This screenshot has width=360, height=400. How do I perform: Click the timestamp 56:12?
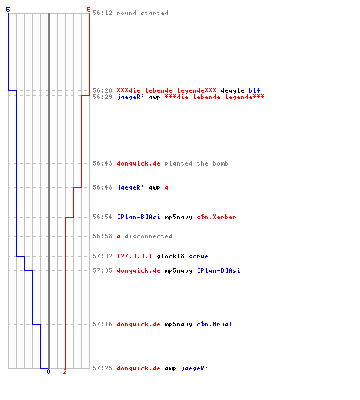102,13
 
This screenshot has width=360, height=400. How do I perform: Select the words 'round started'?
142,13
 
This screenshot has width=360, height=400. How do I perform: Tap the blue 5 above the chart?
8,10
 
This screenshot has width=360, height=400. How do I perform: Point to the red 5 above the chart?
89,10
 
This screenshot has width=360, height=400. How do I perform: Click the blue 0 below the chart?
48,371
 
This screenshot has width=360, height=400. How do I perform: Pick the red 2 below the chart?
65,371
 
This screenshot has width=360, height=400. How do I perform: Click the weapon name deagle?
232,90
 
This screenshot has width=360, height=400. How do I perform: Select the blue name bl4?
254,90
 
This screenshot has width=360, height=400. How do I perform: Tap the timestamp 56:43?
102,163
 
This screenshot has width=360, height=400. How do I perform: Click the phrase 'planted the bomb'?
196,163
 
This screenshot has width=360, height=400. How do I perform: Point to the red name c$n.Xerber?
216,217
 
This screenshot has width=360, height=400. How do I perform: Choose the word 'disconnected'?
148,236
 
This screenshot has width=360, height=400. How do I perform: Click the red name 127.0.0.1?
134,256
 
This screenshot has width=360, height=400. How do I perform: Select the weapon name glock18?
170,256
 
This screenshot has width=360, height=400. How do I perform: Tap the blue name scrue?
198,256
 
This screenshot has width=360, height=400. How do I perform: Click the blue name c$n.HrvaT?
214,324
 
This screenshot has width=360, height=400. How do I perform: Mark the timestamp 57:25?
102,368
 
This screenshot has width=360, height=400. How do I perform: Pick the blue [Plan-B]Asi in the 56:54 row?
138,217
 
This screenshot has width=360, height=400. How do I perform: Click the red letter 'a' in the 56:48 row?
166,187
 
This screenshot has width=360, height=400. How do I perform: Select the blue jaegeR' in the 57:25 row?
194,368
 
